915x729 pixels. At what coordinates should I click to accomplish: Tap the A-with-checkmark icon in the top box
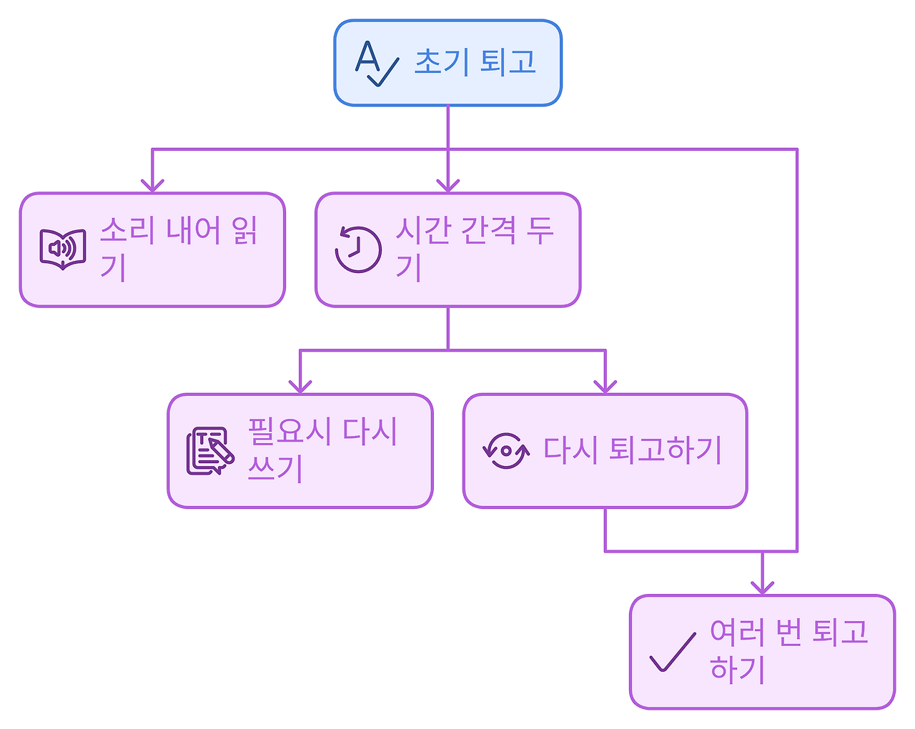(x=376, y=64)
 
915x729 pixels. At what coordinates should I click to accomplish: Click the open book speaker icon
(x=63, y=249)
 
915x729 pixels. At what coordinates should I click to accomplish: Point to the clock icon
(x=358, y=249)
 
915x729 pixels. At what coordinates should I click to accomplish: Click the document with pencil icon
(x=210, y=451)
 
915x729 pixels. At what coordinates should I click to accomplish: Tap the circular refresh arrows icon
(x=505, y=451)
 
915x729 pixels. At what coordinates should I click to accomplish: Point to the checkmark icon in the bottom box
(x=672, y=652)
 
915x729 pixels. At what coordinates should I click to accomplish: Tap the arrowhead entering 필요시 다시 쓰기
(x=300, y=387)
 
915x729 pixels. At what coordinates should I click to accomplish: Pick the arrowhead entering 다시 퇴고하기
(x=605, y=387)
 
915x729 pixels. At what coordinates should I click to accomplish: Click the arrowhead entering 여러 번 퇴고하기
(x=762, y=587)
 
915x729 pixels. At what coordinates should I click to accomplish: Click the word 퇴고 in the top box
(x=508, y=62)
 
